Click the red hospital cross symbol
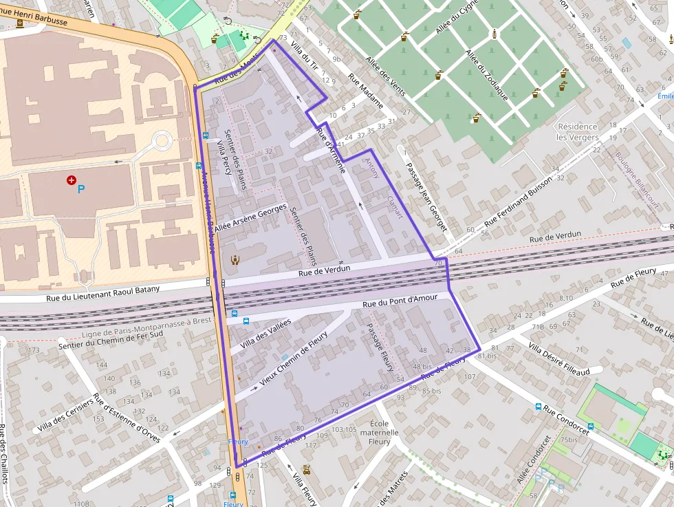pos(71,180)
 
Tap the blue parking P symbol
pos(81,188)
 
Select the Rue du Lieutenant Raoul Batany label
pos(103,293)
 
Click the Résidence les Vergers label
pos(577,132)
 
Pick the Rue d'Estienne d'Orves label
pos(131,422)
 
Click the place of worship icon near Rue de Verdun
pos(236,259)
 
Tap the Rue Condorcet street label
pos(566,419)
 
